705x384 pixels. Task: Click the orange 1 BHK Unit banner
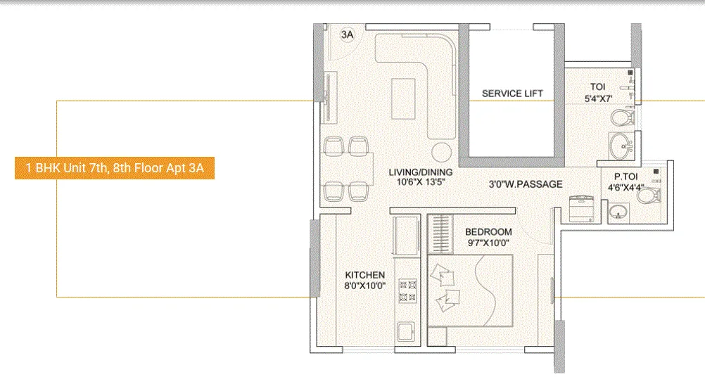click(114, 169)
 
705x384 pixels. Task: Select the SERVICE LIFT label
click(512, 94)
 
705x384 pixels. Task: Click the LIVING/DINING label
click(421, 172)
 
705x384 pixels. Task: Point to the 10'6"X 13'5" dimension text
click(421, 181)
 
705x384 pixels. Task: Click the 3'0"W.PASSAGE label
click(526, 184)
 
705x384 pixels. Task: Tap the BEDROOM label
click(488, 232)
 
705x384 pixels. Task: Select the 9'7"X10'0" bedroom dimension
click(488, 243)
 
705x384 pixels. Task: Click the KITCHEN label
click(364, 275)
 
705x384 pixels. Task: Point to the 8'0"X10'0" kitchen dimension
click(364, 286)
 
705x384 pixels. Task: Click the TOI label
click(598, 87)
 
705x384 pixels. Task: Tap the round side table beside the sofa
click(441, 151)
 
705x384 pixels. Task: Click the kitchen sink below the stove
click(407, 331)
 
